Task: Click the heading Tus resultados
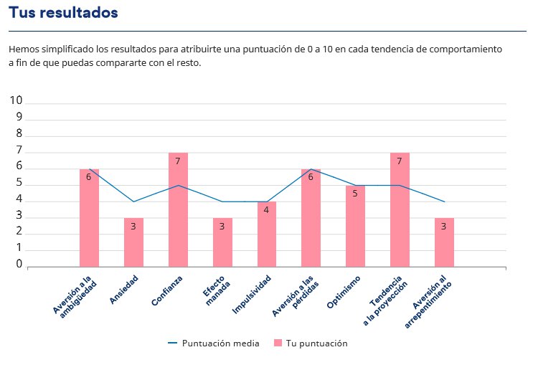coord(63,13)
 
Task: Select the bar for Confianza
coord(178,209)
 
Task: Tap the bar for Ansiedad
coord(133,242)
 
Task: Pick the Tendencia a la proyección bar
coord(400,209)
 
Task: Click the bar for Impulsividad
coord(267,234)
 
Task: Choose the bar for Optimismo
coord(355,226)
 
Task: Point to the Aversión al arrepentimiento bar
coord(444,242)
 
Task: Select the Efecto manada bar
coord(222,242)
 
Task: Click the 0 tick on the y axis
coord(20,265)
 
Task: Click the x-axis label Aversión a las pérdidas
coord(294,295)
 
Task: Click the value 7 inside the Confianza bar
coord(177,161)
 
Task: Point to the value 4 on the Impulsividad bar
coord(266,210)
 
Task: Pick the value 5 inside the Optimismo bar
coord(354,194)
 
